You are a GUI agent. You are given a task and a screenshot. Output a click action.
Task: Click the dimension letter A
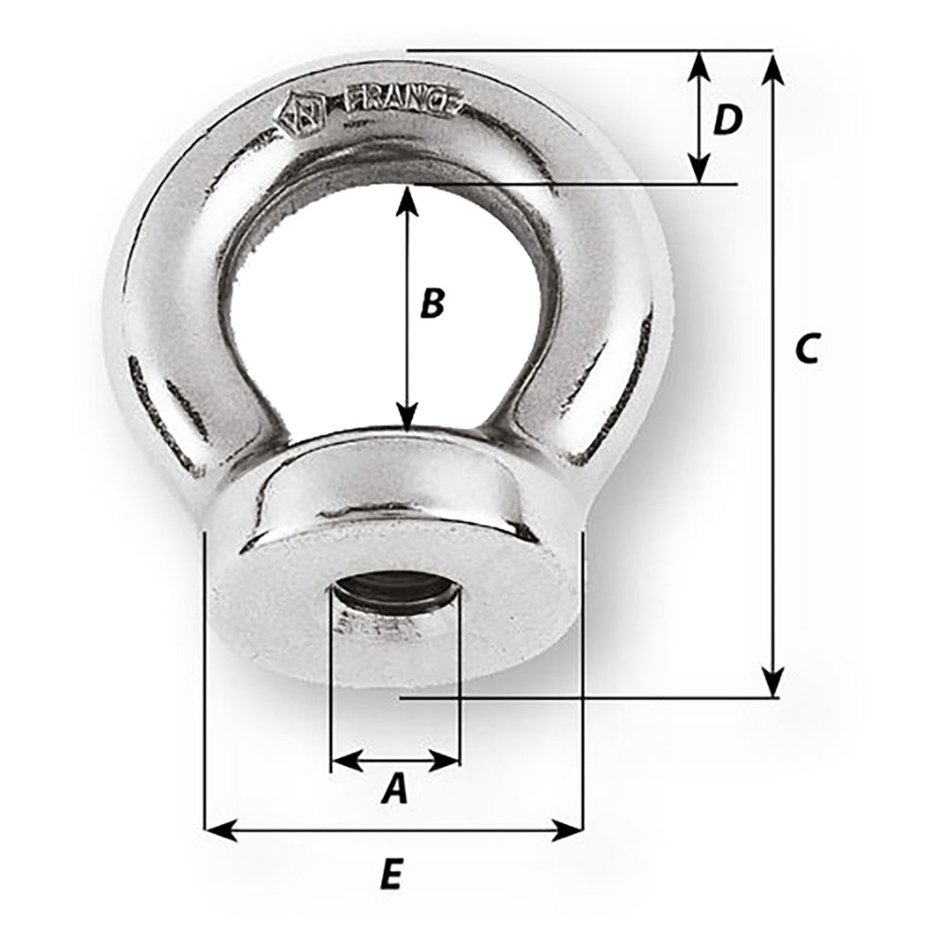point(395,788)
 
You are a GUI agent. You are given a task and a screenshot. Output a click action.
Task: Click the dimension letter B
point(431,304)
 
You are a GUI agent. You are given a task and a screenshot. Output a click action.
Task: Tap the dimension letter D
point(727,120)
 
